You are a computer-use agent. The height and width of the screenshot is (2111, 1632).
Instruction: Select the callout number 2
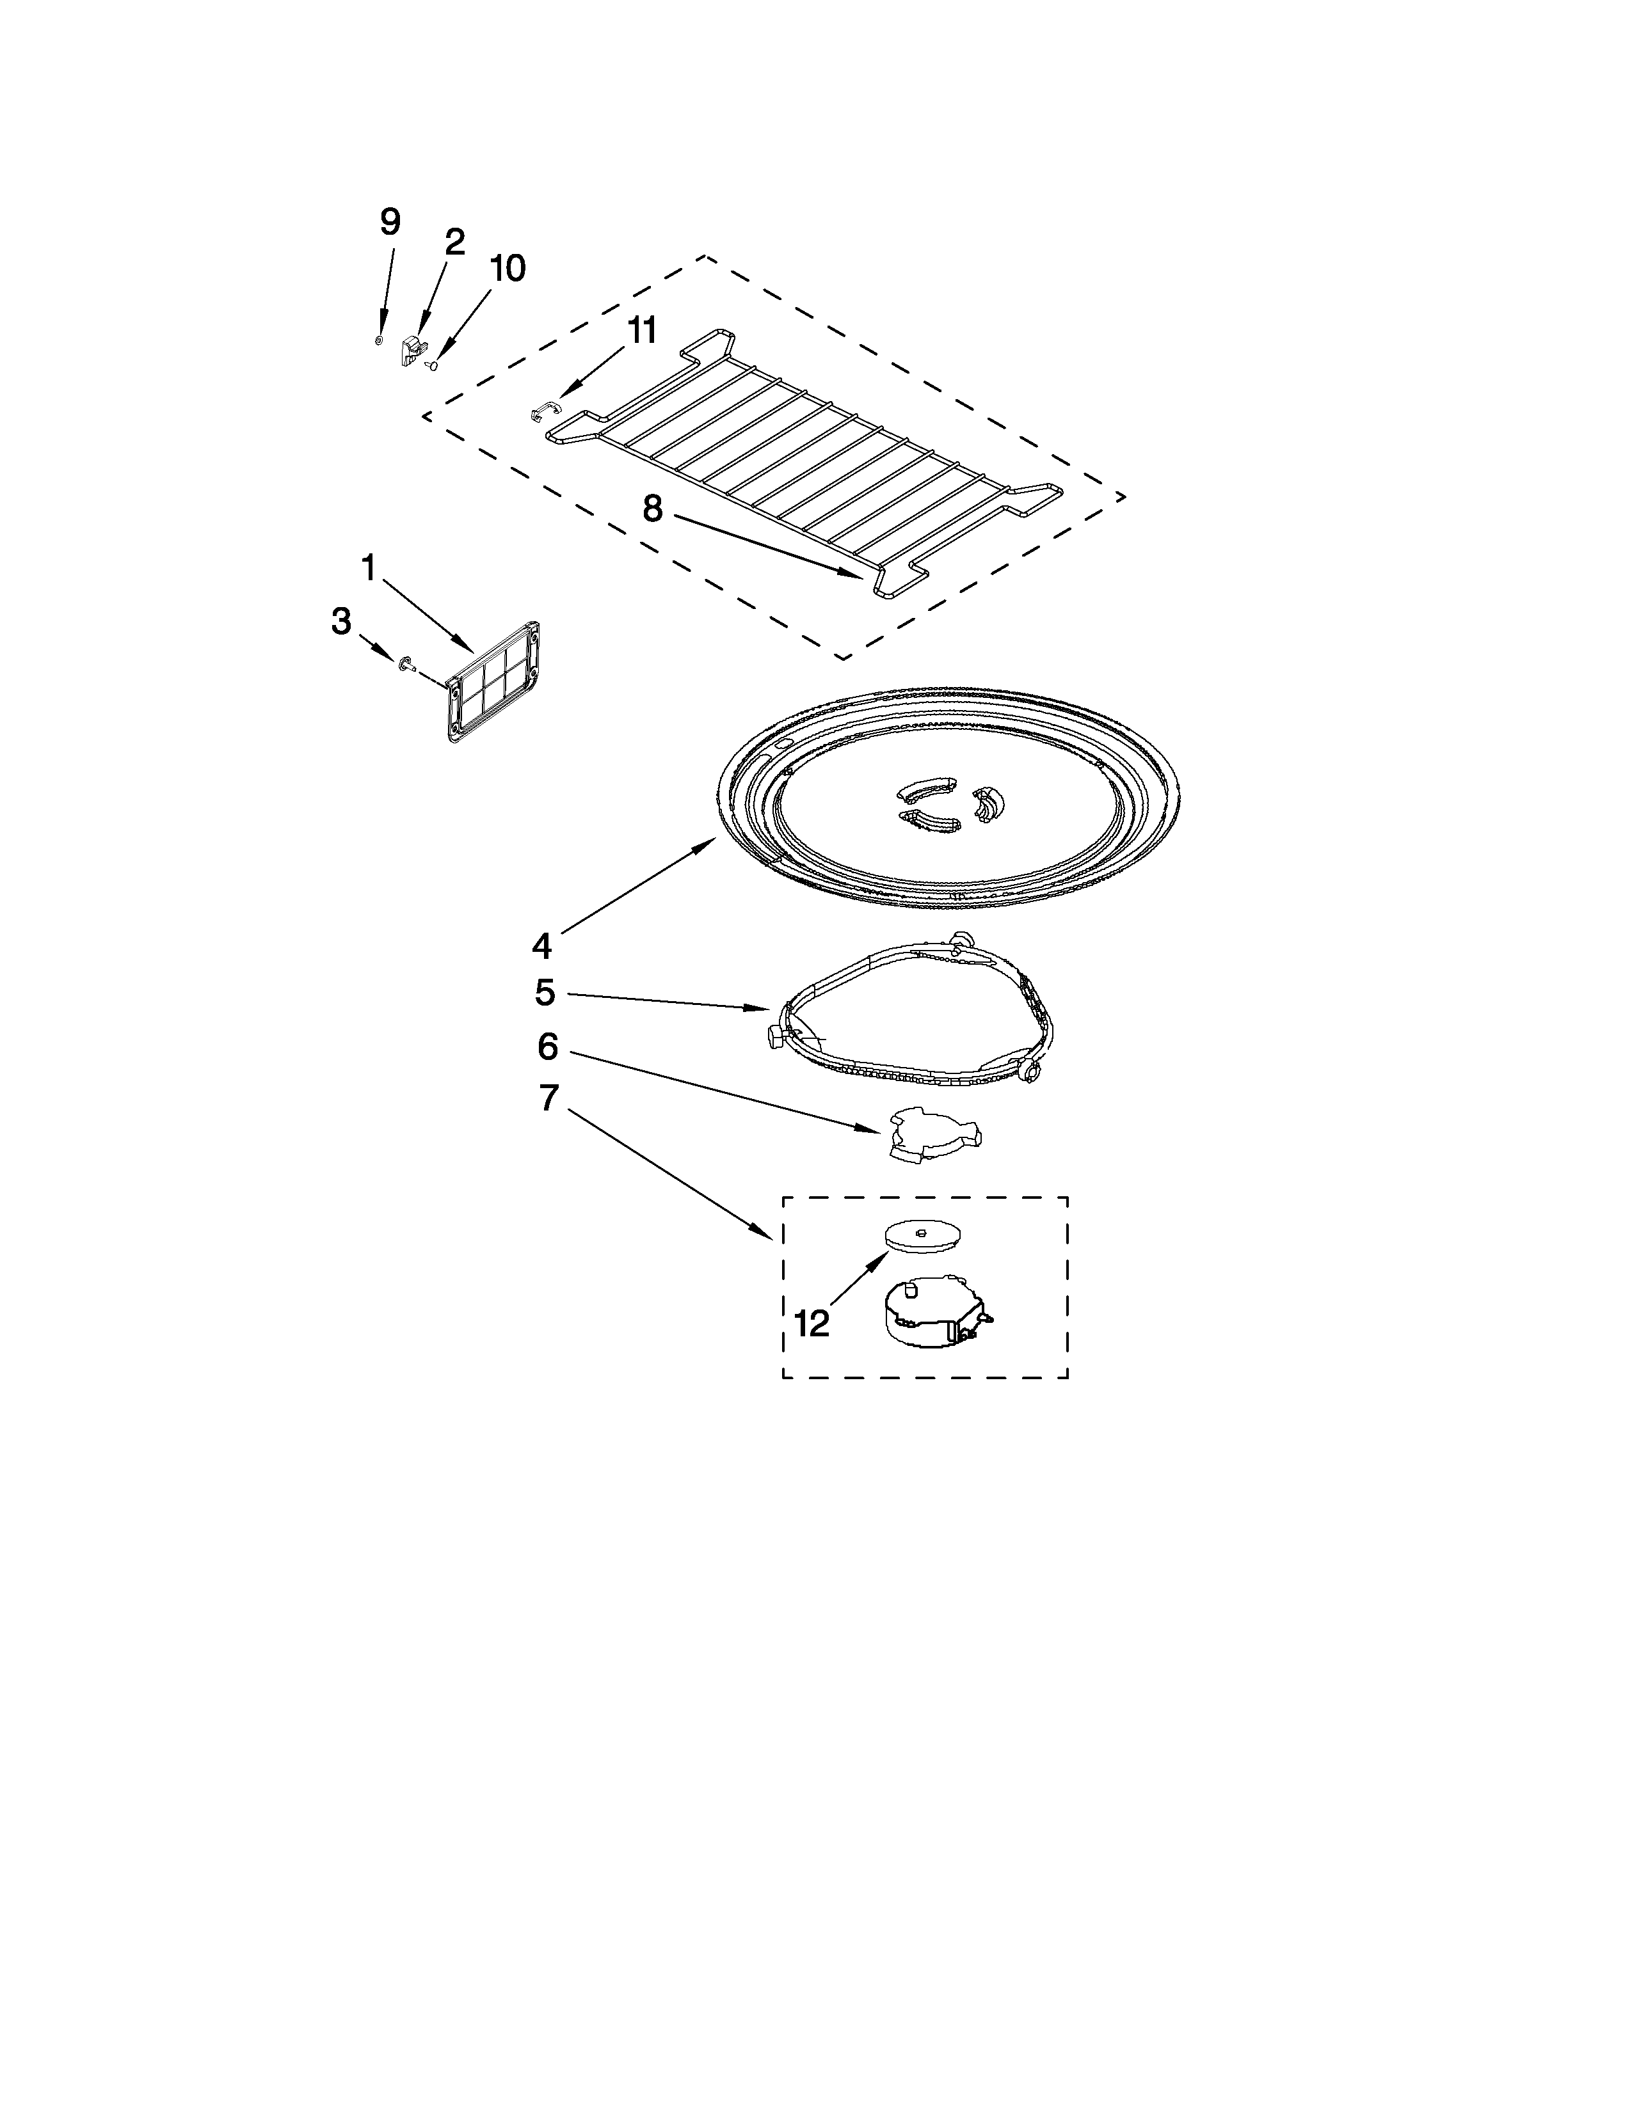tap(454, 242)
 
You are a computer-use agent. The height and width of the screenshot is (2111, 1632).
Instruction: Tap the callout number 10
tap(507, 269)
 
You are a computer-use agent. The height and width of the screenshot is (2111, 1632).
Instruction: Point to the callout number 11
tap(641, 331)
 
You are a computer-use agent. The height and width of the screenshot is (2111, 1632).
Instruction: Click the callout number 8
tap(653, 509)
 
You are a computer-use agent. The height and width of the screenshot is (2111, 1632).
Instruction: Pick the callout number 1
tap(369, 568)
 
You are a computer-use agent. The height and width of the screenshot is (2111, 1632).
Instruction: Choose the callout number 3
tap(340, 622)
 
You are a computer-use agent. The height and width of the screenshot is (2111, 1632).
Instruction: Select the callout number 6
tap(547, 1046)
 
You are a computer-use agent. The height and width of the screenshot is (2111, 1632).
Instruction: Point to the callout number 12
tap(812, 1324)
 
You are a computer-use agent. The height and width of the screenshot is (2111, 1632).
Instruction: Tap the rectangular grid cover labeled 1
tap(493, 683)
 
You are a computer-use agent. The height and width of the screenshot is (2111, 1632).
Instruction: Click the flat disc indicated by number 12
tap(924, 1235)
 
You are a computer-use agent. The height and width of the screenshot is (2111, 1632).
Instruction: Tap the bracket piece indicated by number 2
tap(414, 350)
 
